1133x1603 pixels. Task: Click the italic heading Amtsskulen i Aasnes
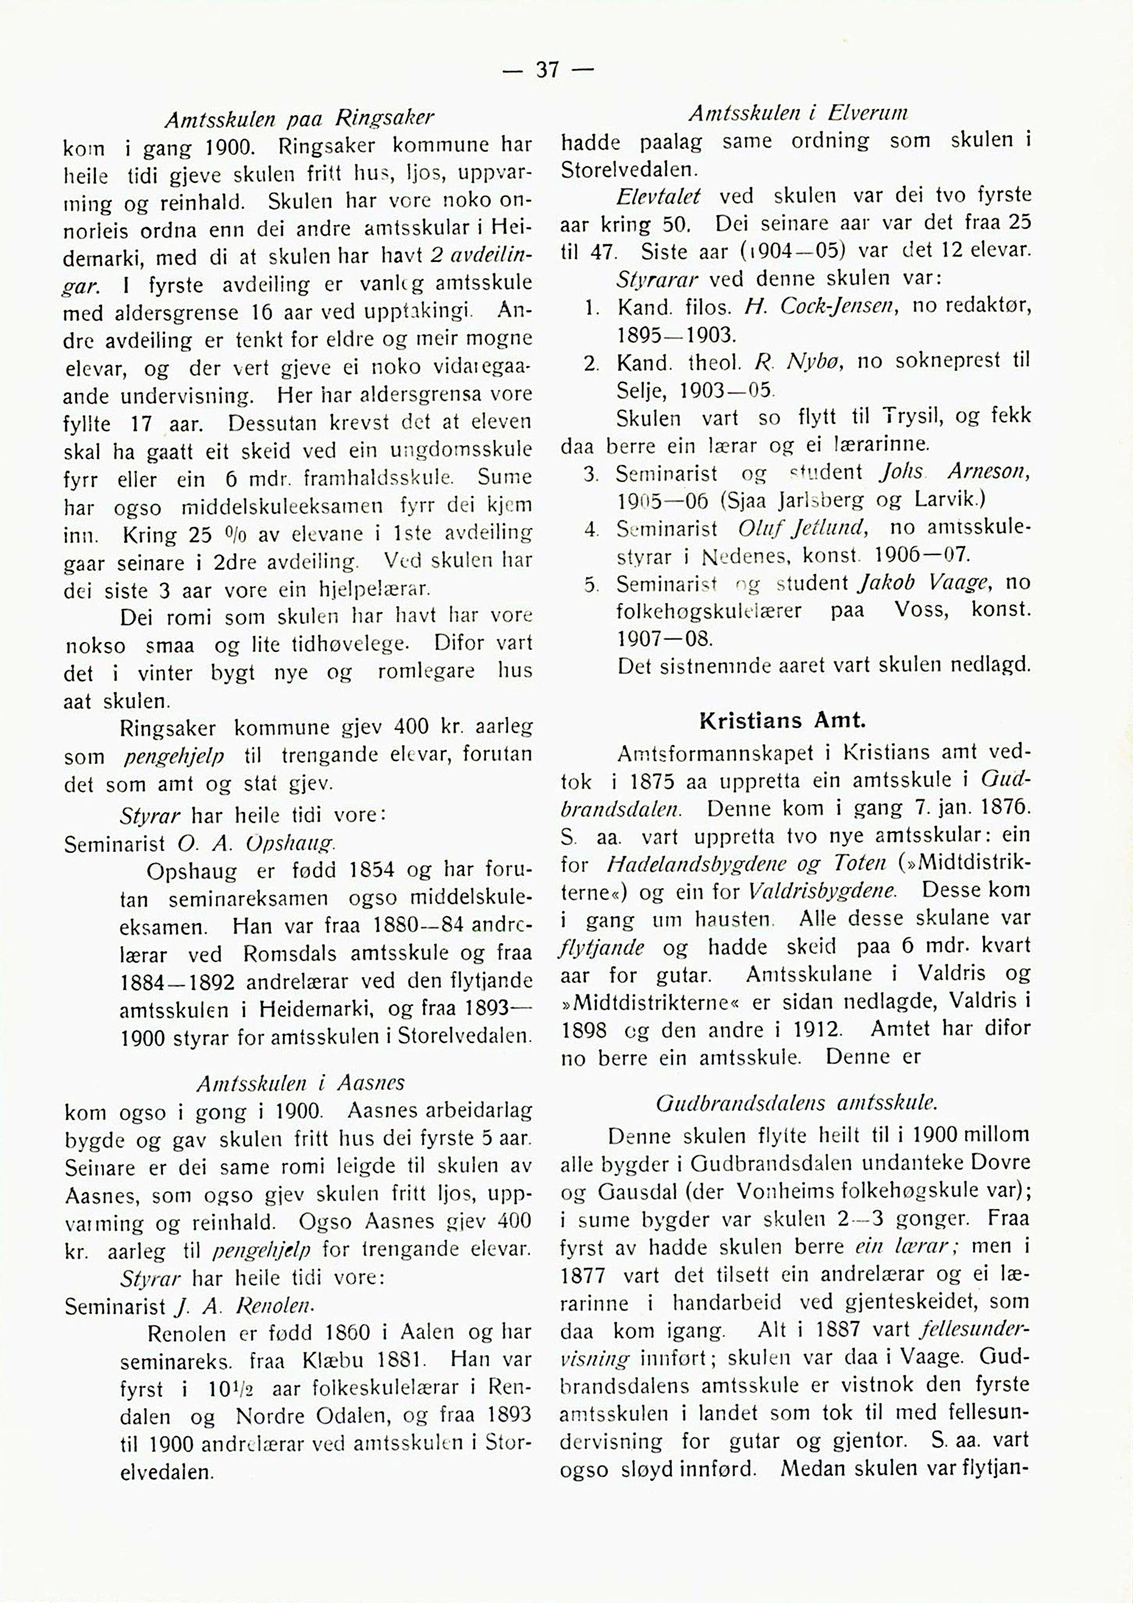point(300,1083)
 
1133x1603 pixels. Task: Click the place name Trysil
point(904,417)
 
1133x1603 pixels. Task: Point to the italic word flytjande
point(602,948)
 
